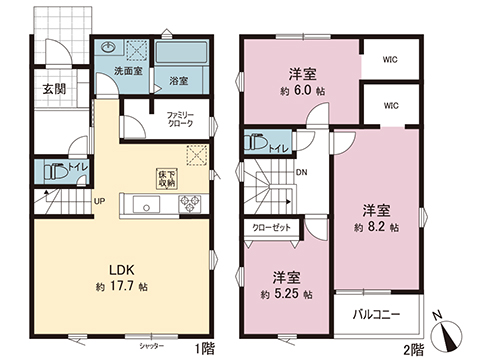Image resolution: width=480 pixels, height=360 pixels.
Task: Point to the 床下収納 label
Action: click(166, 178)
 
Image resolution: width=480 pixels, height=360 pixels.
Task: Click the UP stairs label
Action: click(99, 201)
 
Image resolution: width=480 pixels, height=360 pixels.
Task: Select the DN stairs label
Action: click(302, 172)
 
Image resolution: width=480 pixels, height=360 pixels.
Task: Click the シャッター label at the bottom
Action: click(151, 345)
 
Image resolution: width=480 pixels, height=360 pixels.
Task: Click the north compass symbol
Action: click(444, 329)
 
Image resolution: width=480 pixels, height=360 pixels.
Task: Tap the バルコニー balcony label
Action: click(377, 316)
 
